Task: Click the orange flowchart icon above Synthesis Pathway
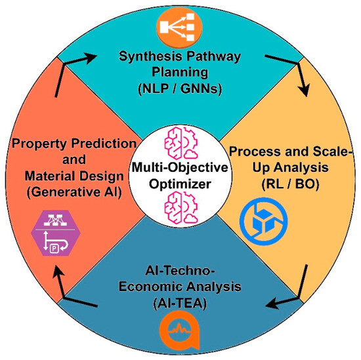click(x=179, y=27)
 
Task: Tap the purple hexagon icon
click(x=56, y=233)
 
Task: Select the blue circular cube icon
click(x=264, y=221)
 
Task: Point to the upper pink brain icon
click(x=181, y=143)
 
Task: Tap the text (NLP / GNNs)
click(x=180, y=89)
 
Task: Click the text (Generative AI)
click(x=74, y=192)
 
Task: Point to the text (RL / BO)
click(x=290, y=184)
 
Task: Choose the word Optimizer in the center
click(x=180, y=184)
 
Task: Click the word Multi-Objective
click(x=180, y=167)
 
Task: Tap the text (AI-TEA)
click(x=180, y=303)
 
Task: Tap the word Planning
click(x=180, y=72)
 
